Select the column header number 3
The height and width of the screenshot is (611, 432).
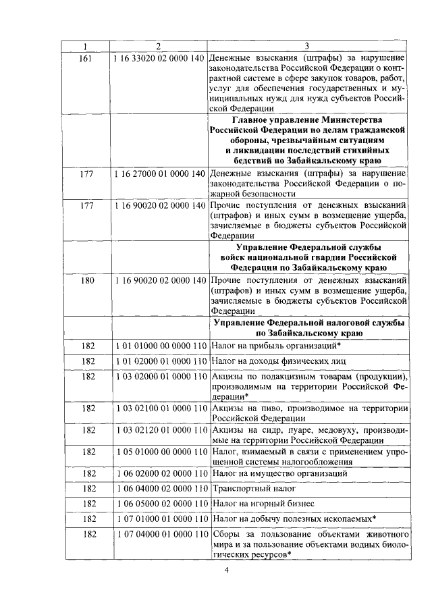click(307, 46)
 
